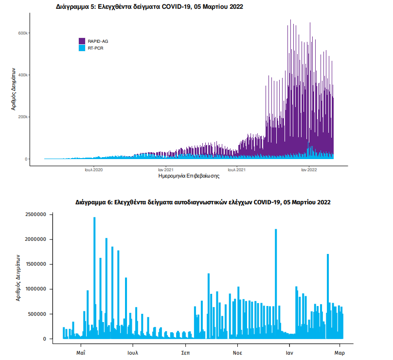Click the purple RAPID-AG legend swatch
pyautogui.click(x=82, y=40)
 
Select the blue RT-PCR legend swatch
pyautogui.click(x=82, y=48)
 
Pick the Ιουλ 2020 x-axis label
pyautogui.click(x=93, y=170)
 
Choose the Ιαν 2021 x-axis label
pyautogui.click(x=165, y=170)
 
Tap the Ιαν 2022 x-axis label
pyautogui.click(x=309, y=170)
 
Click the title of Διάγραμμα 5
pyautogui.click(x=150, y=7)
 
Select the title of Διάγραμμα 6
pyautogui.click(x=203, y=201)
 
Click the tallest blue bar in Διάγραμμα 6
pyautogui.click(x=94, y=277)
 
